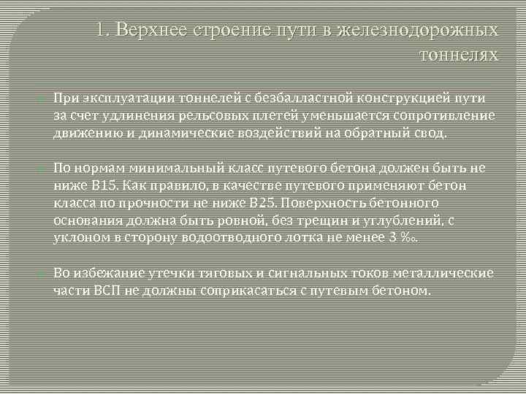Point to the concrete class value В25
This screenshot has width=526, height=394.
[264, 204]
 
